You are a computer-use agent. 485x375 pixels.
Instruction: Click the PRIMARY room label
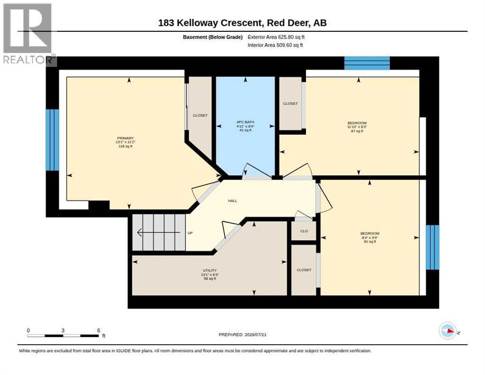click(x=125, y=138)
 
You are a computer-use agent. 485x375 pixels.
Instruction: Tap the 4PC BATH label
click(x=245, y=122)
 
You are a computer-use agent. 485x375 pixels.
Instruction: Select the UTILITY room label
click(x=210, y=271)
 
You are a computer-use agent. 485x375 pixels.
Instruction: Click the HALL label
click(x=232, y=201)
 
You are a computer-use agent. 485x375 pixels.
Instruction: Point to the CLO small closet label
click(x=304, y=231)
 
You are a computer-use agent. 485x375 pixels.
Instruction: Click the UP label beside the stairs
click(x=190, y=233)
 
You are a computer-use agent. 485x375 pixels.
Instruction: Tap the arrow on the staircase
click(x=159, y=232)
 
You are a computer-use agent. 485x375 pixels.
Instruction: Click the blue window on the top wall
click(x=367, y=63)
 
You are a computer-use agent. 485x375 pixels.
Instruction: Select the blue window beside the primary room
click(x=52, y=140)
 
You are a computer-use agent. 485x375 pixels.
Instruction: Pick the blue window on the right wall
click(x=432, y=247)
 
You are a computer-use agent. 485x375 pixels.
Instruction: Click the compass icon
click(x=447, y=331)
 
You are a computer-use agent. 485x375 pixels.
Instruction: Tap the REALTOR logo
click(x=28, y=34)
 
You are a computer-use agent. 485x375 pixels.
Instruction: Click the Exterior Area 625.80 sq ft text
click(x=276, y=37)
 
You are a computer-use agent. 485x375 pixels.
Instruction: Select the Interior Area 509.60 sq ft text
click(x=275, y=45)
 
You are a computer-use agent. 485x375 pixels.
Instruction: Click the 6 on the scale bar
click(x=99, y=331)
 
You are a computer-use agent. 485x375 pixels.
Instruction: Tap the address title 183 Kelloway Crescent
click(x=210, y=23)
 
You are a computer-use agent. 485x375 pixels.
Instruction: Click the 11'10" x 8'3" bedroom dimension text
click(x=357, y=127)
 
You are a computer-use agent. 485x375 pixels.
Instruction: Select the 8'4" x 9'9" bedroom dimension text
click(x=370, y=237)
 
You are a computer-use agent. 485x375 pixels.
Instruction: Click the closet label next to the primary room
click(x=200, y=115)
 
